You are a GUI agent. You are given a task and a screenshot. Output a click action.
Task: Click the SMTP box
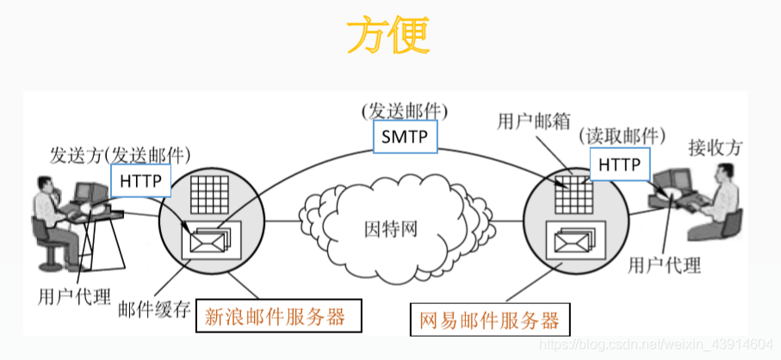405,136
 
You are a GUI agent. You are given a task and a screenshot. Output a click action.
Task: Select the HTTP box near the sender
139,181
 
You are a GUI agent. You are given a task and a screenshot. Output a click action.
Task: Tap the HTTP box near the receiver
620,163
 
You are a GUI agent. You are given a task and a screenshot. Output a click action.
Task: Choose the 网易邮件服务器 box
488,321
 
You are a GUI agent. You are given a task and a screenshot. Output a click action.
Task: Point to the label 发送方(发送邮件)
120,155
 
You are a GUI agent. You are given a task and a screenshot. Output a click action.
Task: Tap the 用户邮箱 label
534,121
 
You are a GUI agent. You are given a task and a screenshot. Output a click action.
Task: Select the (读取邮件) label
622,136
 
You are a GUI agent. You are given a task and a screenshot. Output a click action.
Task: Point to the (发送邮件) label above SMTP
405,111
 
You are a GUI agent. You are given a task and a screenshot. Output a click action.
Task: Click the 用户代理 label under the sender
75,298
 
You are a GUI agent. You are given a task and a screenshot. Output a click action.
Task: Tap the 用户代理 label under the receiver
666,264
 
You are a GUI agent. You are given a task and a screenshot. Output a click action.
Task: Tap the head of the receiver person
726,173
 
